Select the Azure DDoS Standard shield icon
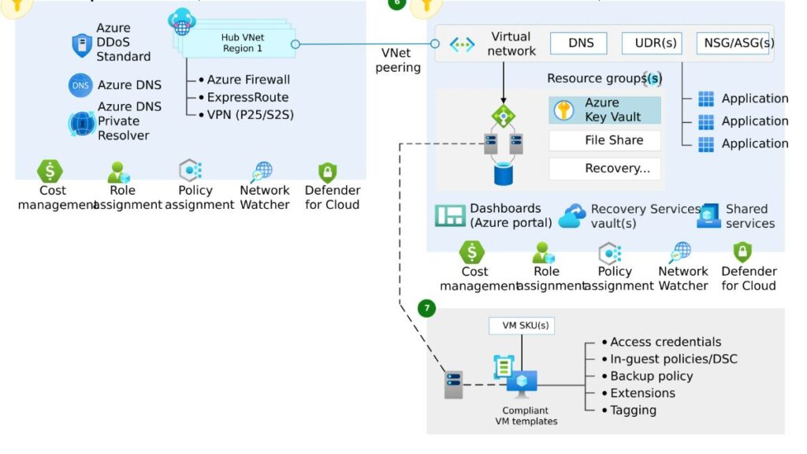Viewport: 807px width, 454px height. click(82, 45)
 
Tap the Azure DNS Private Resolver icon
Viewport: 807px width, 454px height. click(81, 122)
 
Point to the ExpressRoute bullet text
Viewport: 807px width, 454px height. click(247, 97)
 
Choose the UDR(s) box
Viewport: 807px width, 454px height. click(652, 43)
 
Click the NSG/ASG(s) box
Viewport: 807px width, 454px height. click(734, 43)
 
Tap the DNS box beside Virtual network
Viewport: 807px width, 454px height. click(581, 43)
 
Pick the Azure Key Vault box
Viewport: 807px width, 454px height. click(604, 110)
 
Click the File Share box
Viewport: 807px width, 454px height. click(604, 140)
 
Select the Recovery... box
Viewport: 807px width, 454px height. click(604, 168)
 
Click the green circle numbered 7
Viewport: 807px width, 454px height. click(426, 308)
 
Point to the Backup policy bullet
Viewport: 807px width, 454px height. click(651, 376)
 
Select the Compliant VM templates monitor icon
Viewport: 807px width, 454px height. click(522, 384)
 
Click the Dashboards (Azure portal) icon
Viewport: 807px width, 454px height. click(450, 216)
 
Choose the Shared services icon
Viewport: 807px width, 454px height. click(708, 216)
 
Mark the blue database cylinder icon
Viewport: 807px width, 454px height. click(503, 174)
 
